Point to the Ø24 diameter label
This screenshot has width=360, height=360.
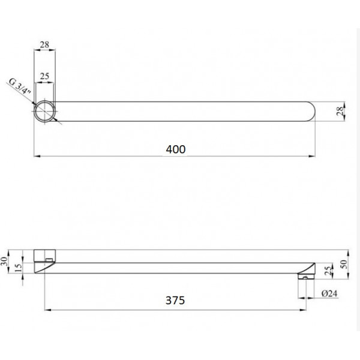(331, 293)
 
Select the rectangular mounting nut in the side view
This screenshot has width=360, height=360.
(44, 254)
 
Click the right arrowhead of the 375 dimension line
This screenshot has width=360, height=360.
(302, 310)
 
